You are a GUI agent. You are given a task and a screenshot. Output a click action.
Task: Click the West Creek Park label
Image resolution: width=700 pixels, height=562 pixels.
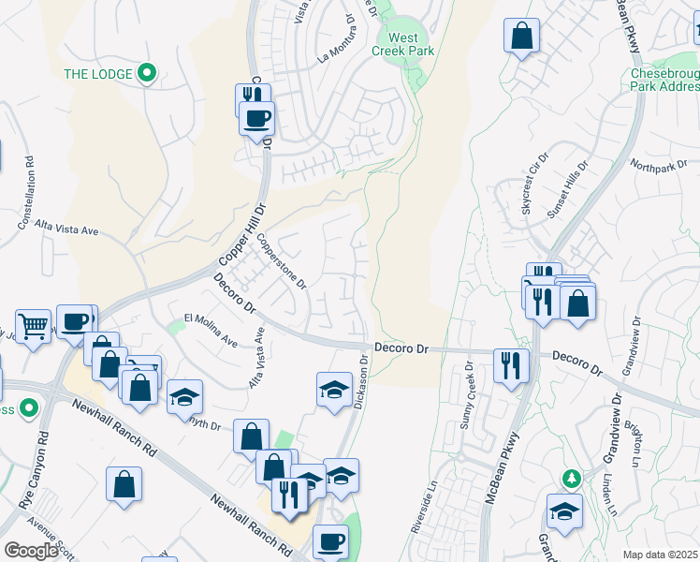coord(404,44)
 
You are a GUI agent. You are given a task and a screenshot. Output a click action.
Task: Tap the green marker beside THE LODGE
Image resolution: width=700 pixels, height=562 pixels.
coord(146,72)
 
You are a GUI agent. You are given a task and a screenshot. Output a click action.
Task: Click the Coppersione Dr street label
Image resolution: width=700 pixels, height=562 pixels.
coord(282,261)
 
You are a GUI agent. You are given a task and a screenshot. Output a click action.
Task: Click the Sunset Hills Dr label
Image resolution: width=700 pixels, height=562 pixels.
coord(567,188)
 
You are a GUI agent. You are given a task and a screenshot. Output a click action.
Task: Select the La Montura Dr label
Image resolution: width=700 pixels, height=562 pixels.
coord(338,46)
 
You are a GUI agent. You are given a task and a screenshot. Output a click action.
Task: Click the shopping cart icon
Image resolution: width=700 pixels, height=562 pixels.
coord(34,327)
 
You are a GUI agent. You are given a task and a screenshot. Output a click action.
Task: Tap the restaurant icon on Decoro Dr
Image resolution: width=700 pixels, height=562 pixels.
coord(510,364)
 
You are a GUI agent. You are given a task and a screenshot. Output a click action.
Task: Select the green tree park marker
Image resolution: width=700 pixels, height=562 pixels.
coord(571,480)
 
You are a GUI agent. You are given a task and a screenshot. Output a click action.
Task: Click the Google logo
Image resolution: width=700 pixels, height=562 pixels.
coord(32,551)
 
